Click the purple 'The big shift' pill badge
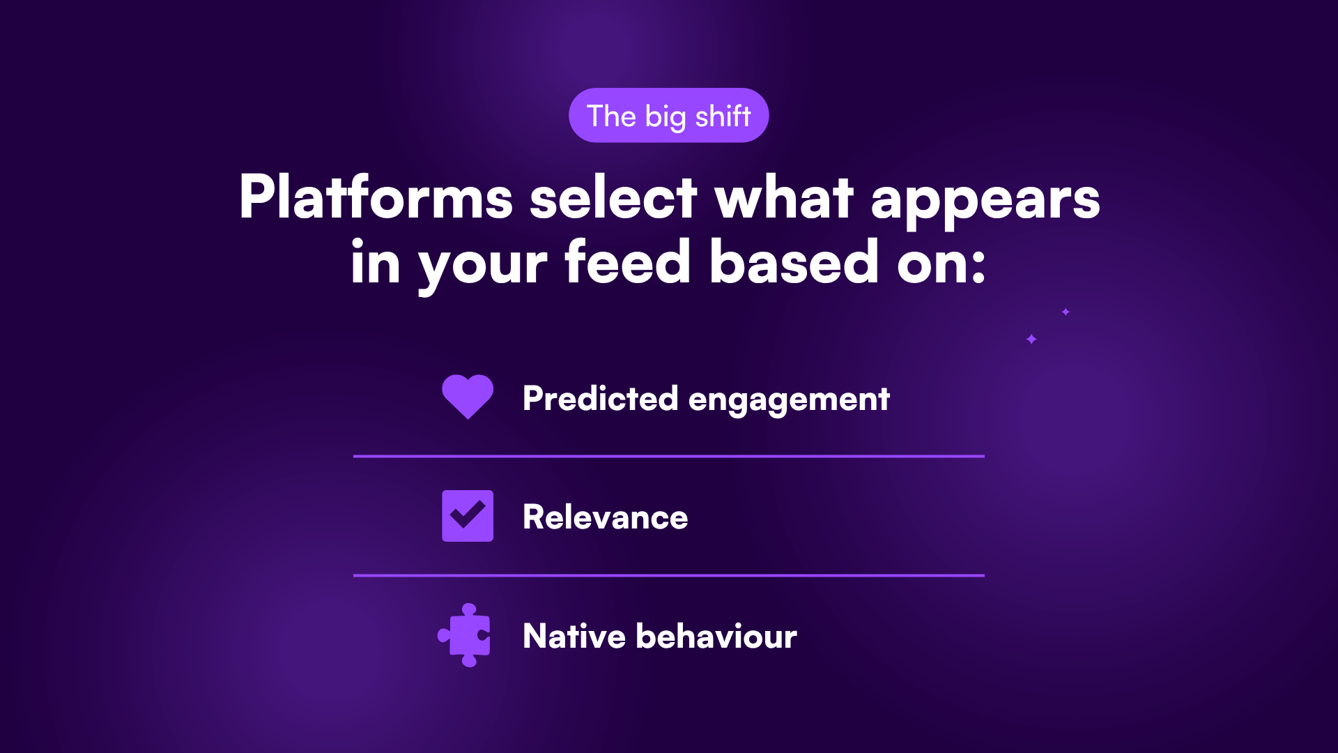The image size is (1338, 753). [669, 115]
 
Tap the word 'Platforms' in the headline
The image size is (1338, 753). [376, 197]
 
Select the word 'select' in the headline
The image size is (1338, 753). [613, 197]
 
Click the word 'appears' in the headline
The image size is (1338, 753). [985, 201]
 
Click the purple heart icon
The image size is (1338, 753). [468, 397]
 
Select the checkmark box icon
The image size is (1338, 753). [468, 516]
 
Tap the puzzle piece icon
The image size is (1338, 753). [464, 635]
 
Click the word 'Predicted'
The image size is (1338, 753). [600, 398]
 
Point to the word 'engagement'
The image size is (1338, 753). [789, 402]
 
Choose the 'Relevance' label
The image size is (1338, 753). [606, 517]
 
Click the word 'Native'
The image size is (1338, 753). [575, 636]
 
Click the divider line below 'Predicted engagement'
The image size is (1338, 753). [669, 456]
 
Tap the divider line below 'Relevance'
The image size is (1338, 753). [669, 575]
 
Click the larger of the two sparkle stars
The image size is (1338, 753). [1031, 339]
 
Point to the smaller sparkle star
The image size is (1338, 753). [1066, 312]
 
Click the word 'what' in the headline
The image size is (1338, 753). [784, 197]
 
